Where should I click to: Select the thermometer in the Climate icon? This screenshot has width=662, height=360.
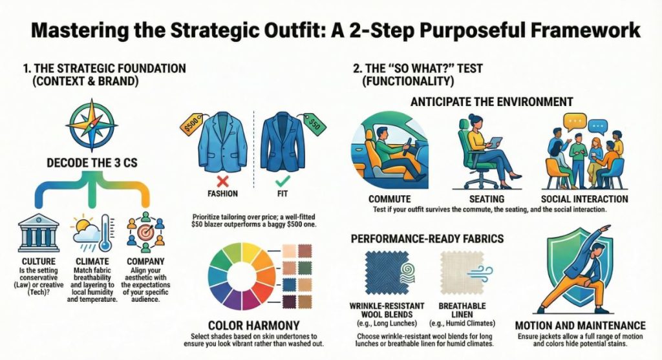point(104,231)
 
